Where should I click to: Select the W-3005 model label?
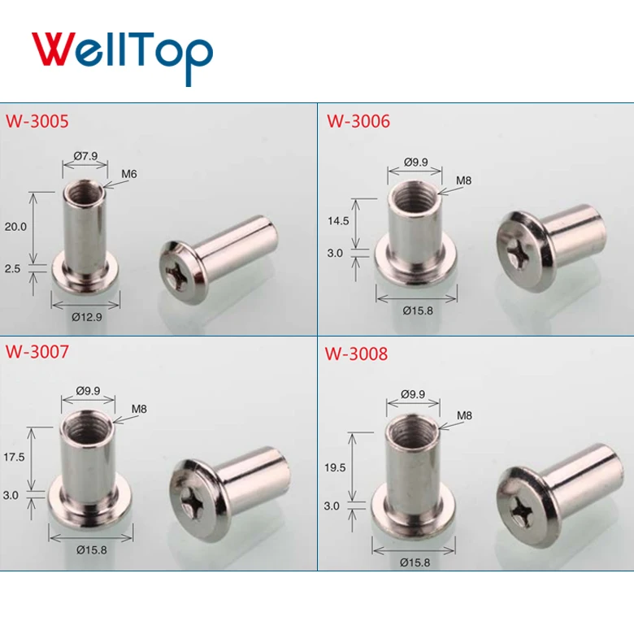point(37,122)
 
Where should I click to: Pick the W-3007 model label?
point(37,353)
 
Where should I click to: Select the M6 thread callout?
point(128,174)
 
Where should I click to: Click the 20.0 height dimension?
point(15,228)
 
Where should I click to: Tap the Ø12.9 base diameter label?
point(88,317)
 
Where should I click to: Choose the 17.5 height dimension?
point(15,458)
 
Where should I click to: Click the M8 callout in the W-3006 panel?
point(464,180)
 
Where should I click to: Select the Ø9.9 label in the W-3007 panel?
point(88,391)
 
